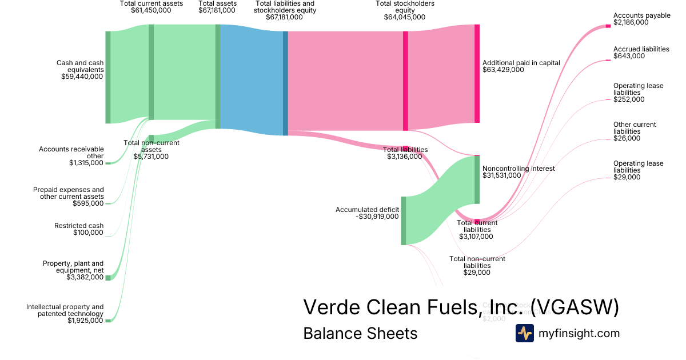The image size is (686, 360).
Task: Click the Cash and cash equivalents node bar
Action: coord(107,77)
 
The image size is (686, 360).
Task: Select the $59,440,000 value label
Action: coord(82,76)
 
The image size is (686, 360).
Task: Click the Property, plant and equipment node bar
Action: coord(107,278)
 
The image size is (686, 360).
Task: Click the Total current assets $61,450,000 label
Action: coord(151,7)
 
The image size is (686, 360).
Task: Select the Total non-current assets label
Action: coord(151,149)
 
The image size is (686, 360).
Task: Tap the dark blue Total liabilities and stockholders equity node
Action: coord(285,83)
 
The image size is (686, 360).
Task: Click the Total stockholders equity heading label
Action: coord(405,10)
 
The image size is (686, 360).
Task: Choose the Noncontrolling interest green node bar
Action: coord(477,179)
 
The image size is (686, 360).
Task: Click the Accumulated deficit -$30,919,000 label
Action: coord(367,213)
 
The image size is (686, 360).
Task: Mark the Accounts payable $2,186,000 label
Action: coord(641,19)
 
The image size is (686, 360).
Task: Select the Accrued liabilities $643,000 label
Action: coord(641,53)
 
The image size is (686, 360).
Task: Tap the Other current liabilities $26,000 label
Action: coord(635,131)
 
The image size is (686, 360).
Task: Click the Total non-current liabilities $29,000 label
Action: coord(477,266)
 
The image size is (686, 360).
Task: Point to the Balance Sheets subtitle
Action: coord(360,333)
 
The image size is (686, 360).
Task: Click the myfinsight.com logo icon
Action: coord(524,333)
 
